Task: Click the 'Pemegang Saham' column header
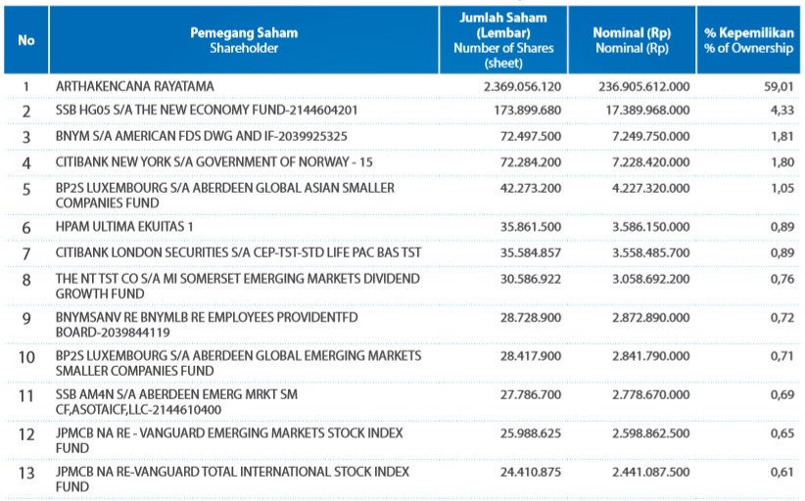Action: point(244,33)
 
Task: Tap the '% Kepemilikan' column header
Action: point(749,33)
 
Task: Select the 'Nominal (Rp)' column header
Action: point(632,33)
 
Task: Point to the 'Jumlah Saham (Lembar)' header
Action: point(503,25)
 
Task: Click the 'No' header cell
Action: point(26,40)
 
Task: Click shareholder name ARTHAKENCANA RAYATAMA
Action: point(135,86)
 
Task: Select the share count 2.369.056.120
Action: point(522,87)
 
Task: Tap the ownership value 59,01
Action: point(779,87)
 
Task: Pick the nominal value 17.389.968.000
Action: point(648,111)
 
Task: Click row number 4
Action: point(26,163)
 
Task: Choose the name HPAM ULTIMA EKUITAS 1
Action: point(124,227)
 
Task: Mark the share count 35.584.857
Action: point(531,252)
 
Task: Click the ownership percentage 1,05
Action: point(782,188)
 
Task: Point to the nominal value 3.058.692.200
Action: point(651,279)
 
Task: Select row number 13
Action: point(26,473)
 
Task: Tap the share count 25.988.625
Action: point(531,433)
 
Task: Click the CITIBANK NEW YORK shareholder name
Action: point(214,162)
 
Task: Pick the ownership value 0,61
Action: point(782,473)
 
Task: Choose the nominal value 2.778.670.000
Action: point(651,395)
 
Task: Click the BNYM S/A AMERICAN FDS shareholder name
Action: point(202,136)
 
